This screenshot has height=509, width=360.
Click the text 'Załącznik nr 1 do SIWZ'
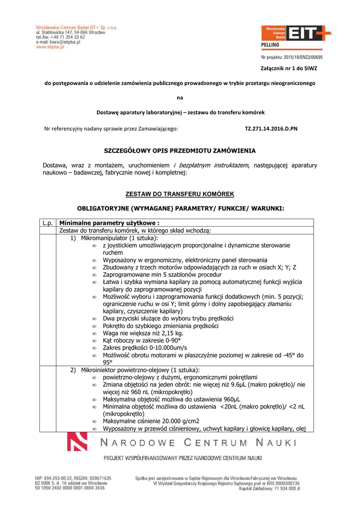[x=289, y=68]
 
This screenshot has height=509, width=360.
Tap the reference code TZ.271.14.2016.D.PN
[x=271, y=128]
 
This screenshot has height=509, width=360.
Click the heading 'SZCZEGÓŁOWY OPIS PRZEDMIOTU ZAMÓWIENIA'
[x=180, y=150]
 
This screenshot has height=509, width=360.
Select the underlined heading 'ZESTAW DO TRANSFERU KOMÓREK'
[x=180, y=194]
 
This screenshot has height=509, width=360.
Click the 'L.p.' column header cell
[x=48, y=223]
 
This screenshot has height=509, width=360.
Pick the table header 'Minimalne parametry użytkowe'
[x=109, y=223]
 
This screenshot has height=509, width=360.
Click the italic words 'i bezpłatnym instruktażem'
[x=211, y=165]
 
